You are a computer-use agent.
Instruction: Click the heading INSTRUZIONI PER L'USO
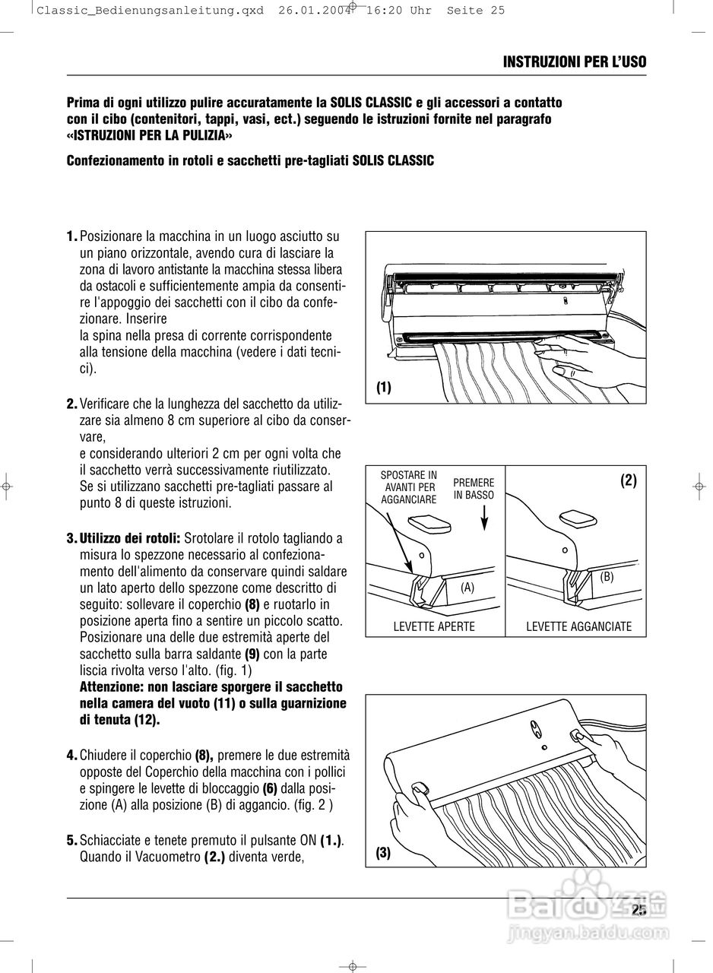pos(574,62)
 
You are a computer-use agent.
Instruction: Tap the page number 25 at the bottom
pos(639,910)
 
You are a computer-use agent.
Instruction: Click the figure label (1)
pos(384,388)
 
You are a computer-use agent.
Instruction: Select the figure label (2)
pos(628,480)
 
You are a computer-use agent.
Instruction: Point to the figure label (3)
pos(383,853)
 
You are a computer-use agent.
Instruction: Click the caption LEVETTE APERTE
pos(434,626)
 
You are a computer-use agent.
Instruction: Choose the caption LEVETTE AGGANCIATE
pos(579,626)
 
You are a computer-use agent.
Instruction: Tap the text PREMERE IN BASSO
pos(474,489)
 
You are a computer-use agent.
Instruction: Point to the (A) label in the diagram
pos(467,587)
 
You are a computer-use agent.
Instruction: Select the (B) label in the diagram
pos(607,577)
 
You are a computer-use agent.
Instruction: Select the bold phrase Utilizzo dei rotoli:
pos(129,538)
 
